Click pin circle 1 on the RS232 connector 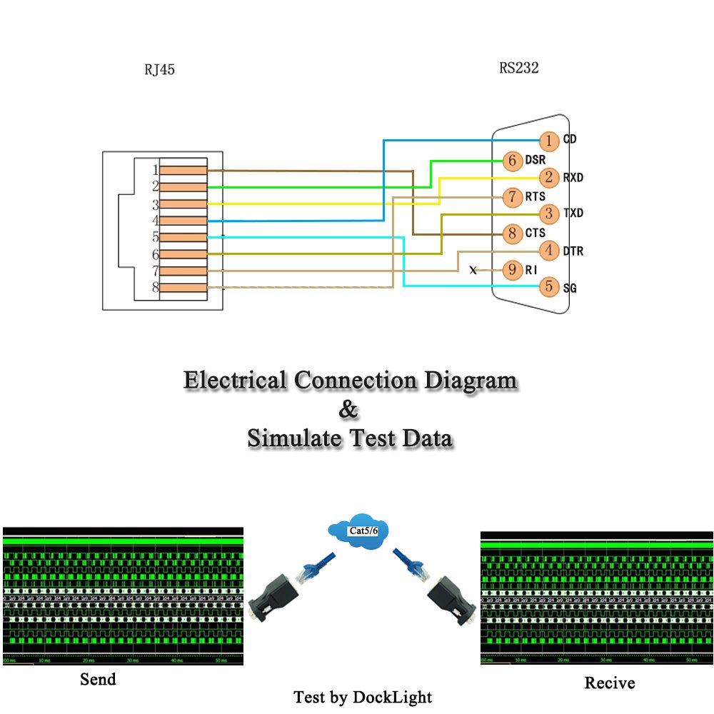[x=548, y=141]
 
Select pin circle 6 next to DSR [x=512, y=161]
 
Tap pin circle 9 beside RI [x=512, y=271]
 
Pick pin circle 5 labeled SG [x=548, y=287]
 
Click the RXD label [x=573, y=177]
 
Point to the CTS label [x=535, y=233]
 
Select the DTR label [x=573, y=251]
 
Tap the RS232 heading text [x=518, y=69]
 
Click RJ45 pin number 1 [x=155, y=170]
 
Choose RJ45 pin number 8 [x=155, y=288]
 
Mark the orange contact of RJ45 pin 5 [x=183, y=237]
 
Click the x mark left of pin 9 [x=473, y=271]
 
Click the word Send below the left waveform [x=98, y=679]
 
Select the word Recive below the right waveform [x=609, y=683]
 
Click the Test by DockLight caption [x=363, y=696]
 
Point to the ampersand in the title [x=348, y=411]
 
